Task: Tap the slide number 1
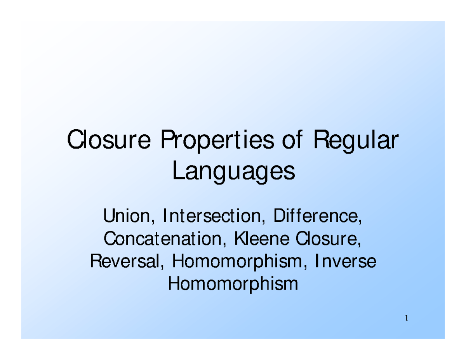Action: (x=406, y=319)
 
